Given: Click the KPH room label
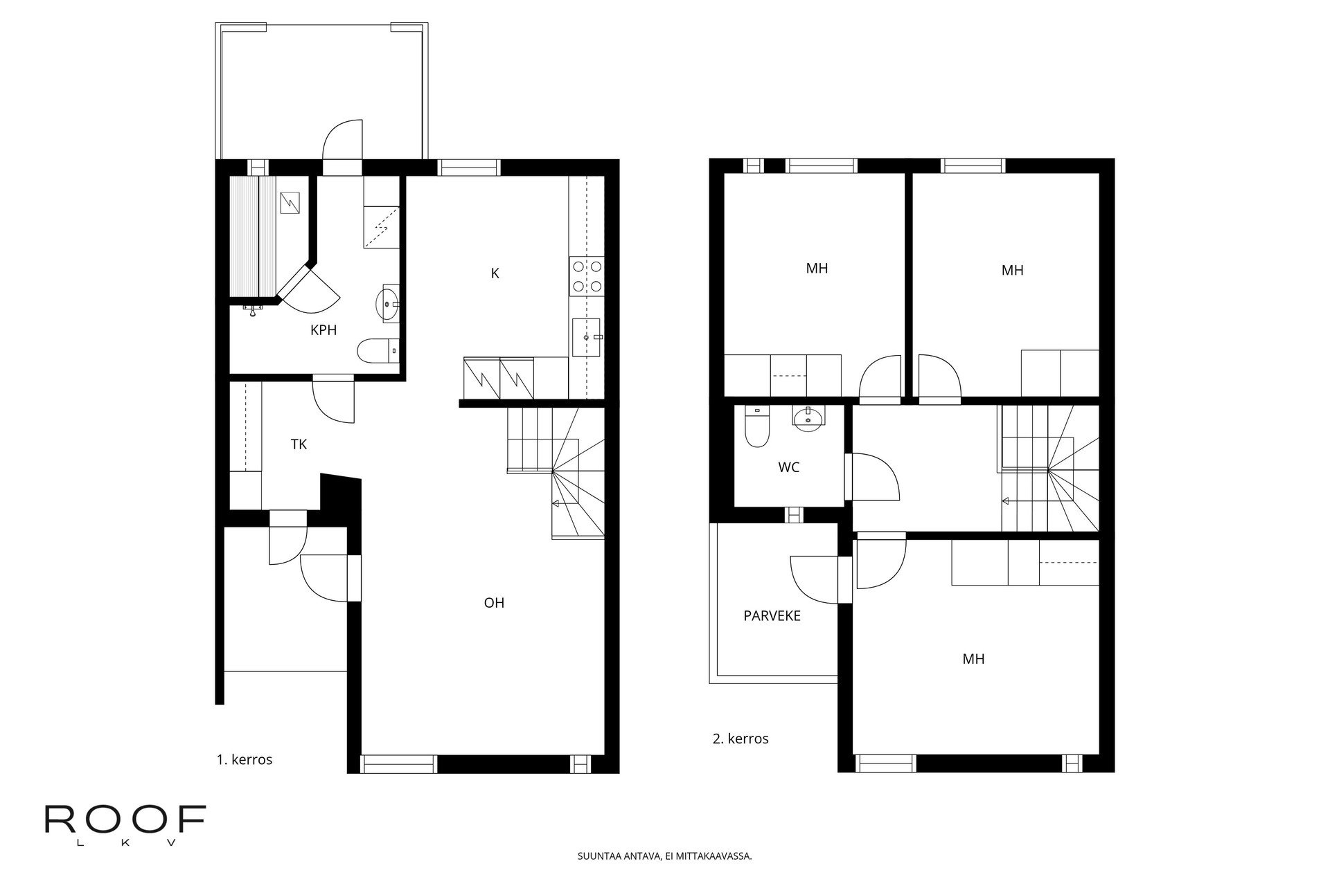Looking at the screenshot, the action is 323,330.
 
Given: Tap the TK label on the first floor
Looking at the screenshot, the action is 299,444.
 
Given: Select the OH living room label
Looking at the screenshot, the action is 494,603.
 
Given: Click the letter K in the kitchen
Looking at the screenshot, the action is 495,273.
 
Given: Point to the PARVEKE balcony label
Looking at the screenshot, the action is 772,615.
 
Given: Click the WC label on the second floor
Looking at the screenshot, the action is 788,467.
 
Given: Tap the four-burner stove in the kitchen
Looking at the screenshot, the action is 586,275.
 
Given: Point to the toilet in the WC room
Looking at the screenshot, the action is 756,425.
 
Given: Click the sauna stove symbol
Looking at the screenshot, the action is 290,203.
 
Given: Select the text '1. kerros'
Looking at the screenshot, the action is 245,759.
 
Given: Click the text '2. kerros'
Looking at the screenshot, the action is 741,739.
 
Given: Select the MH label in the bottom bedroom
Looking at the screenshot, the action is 973,659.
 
